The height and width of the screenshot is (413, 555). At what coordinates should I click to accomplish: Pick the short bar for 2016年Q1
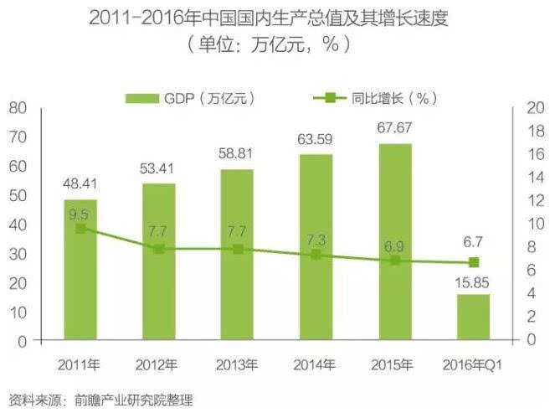(473, 318)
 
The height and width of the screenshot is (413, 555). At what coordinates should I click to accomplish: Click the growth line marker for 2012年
(159, 249)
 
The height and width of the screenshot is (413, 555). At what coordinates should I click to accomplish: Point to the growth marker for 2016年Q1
(473, 262)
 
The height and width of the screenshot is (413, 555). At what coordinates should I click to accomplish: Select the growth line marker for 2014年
(316, 254)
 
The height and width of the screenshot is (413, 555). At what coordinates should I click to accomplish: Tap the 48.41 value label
(80, 183)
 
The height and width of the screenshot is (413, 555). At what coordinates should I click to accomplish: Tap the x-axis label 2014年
(316, 364)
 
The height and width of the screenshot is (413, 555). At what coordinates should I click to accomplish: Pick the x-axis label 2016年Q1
(473, 364)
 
